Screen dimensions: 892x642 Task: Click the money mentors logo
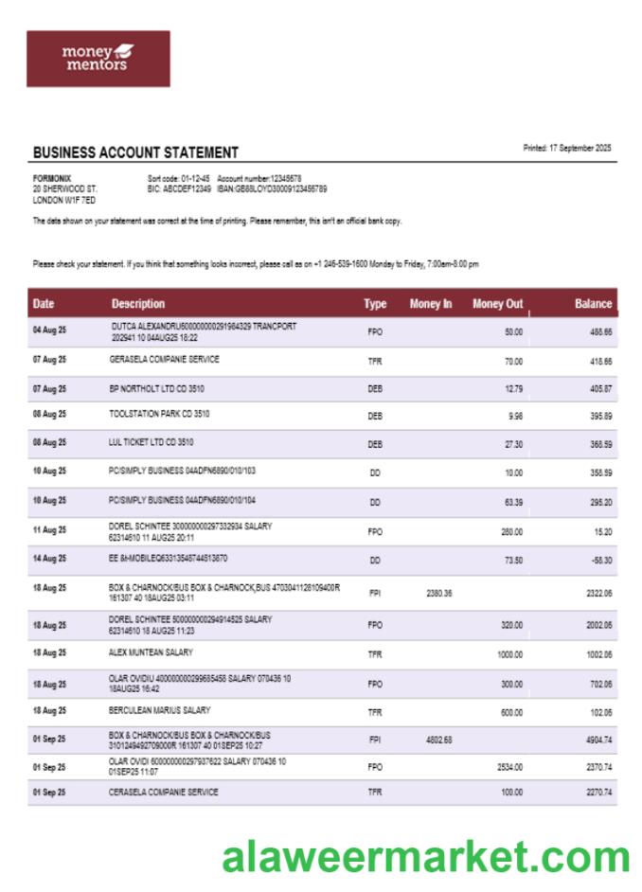[x=98, y=59]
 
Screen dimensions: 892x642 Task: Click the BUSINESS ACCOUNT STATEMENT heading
[x=135, y=152]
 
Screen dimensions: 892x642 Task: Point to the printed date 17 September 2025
[x=567, y=148]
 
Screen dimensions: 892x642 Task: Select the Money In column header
[x=431, y=304]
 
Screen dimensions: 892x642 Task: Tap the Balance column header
[x=593, y=304]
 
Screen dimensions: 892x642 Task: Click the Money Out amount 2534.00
[x=509, y=766]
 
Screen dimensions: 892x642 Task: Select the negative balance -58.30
[x=599, y=561]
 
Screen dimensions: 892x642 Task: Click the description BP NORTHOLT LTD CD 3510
[x=159, y=388]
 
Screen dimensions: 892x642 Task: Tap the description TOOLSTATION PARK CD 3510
[x=159, y=414]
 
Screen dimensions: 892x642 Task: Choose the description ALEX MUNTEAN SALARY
[x=151, y=652]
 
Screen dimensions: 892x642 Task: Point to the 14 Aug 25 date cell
[x=49, y=561]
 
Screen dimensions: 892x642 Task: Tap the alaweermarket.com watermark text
[x=425, y=857]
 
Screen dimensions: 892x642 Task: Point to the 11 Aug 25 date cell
[x=49, y=530]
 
